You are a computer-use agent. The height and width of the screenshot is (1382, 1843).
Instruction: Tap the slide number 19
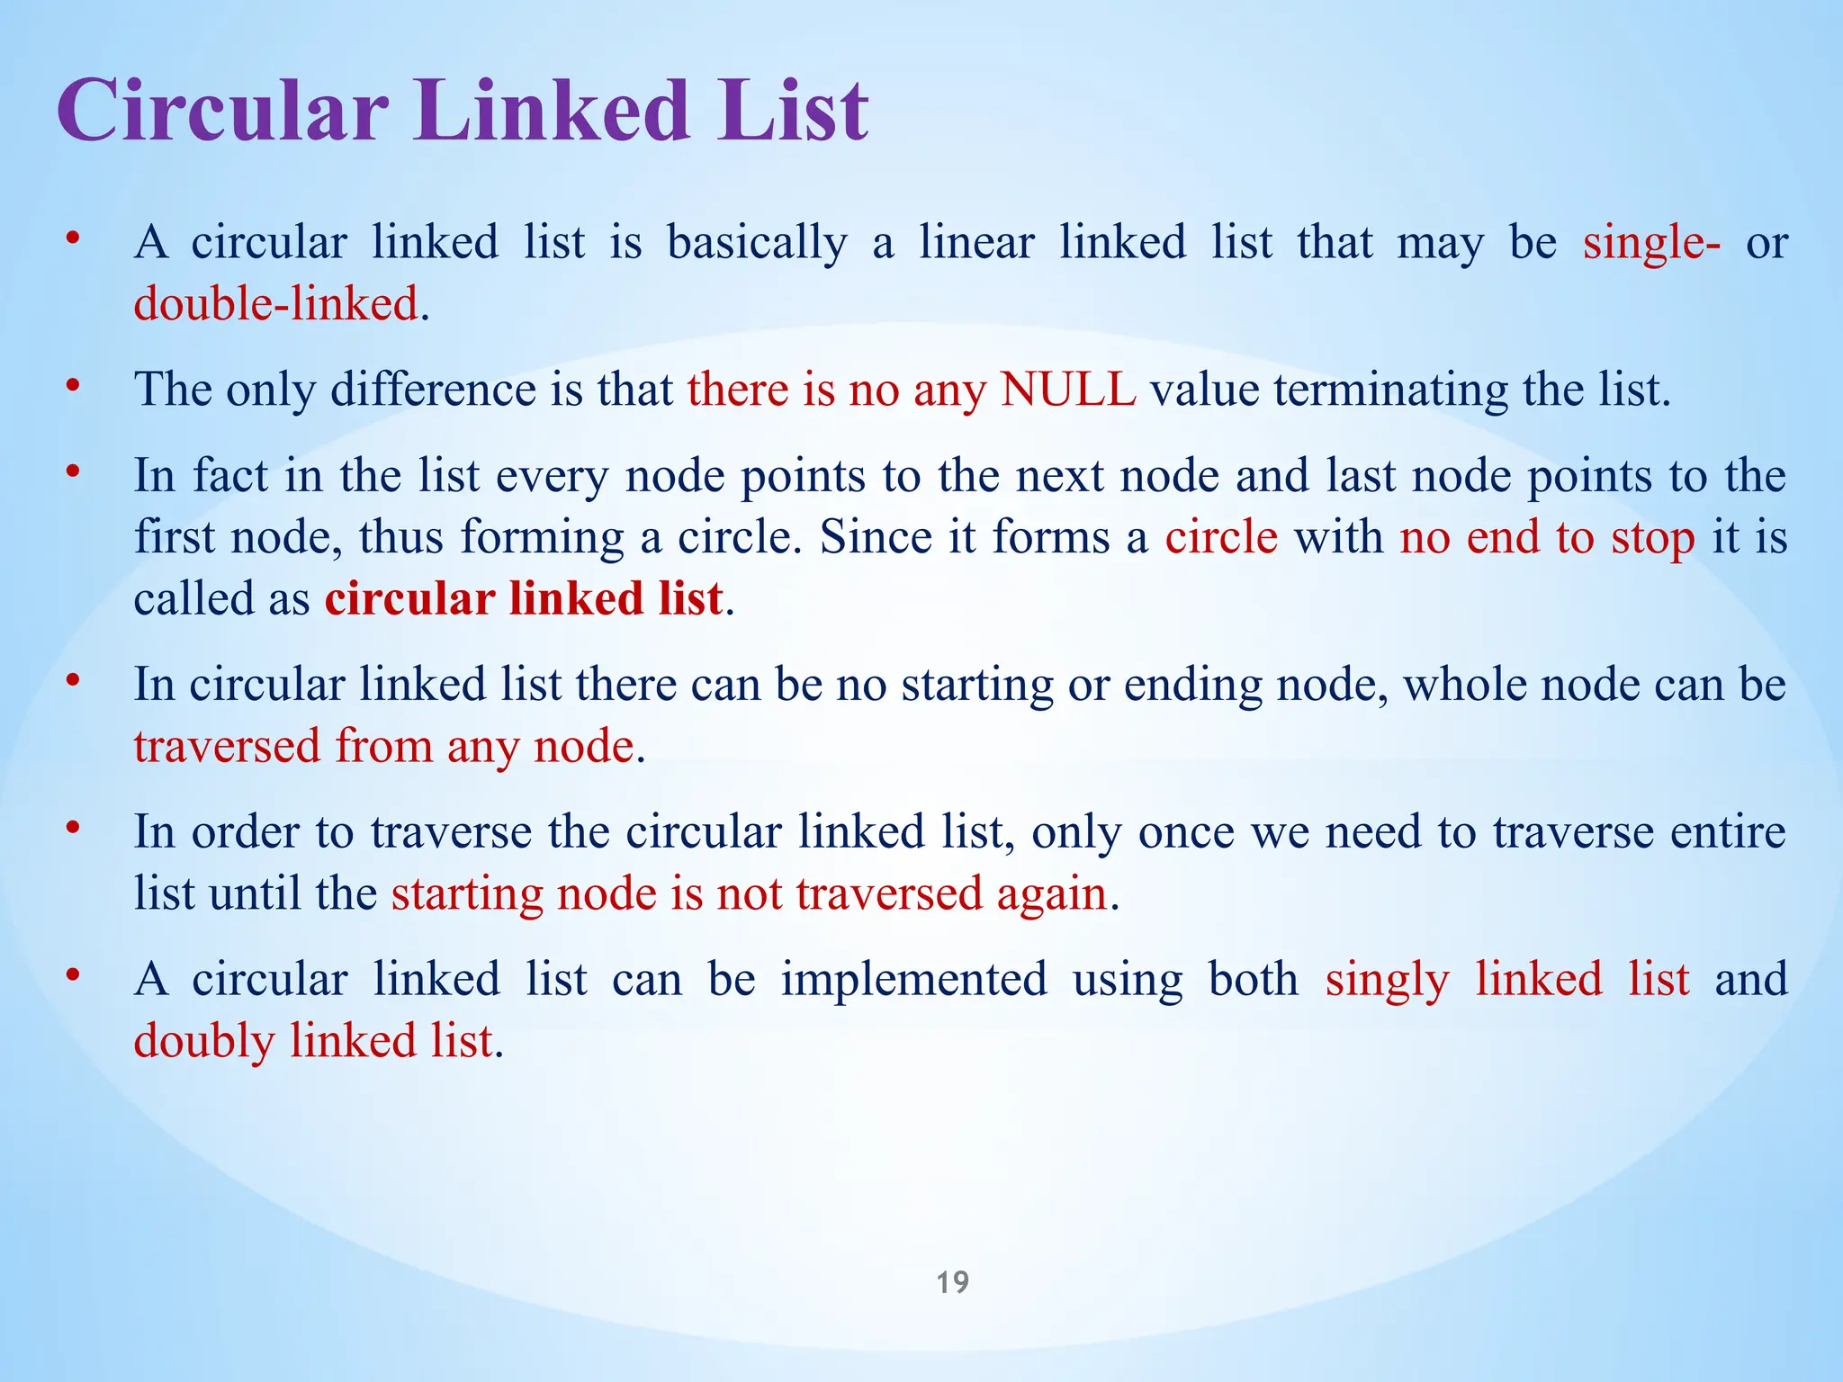tap(952, 1282)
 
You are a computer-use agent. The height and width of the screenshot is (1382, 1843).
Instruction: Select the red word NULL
tap(1067, 390)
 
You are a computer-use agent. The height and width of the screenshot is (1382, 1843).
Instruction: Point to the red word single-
tap(1651, 244)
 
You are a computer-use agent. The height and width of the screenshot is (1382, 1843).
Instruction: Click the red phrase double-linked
tap(276, 304)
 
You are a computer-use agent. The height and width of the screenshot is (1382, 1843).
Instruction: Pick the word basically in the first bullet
tap(757, 244)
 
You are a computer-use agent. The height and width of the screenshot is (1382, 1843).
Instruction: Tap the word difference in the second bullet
tap(433, 390)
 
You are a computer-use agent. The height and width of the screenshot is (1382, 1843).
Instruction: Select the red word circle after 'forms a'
tap(1221, 537)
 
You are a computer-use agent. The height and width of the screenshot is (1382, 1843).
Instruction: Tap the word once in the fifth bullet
tap(1185, 832)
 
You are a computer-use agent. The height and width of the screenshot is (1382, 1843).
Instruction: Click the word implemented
tap(913, 980)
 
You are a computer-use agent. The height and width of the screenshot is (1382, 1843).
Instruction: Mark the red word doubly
tap(204, 1042)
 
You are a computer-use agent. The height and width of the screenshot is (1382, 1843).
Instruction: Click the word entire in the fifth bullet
tap(1728, 832)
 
